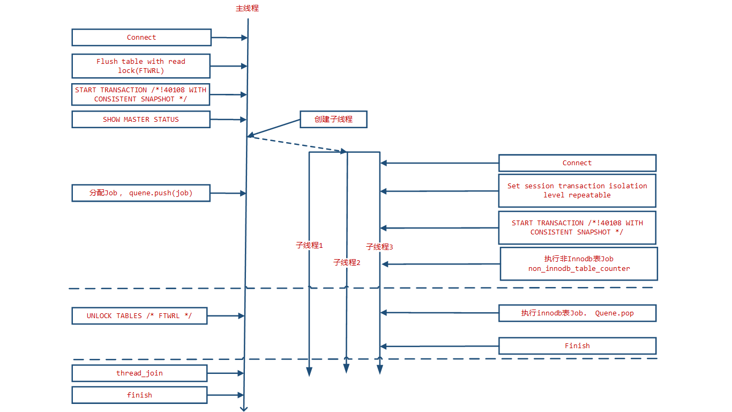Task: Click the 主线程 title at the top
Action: tap(247, 9)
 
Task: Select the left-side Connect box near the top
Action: tap(141, 38)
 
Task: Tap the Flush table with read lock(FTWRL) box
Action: tap(141, 66)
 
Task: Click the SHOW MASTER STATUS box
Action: tap(141, 120)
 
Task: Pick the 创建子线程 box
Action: tap(333, 119)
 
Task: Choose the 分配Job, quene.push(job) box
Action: tap(141, 193)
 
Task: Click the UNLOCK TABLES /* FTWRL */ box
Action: tap(139, 316)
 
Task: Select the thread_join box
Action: tap(139, 373)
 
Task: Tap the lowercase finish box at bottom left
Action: tap(139, 395)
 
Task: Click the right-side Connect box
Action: tap(577, 163)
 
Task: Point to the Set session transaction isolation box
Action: tap(577, 190)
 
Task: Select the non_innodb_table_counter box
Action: tap(579, 263)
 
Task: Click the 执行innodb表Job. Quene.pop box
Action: tap(577, 313)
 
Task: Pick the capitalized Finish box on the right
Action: tap(577, 346)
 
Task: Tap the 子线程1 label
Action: tap(309, 245)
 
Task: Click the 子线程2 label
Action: tap(347, 262)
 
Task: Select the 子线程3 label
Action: tap(379, 247)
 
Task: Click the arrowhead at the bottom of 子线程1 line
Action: tap(309, 371)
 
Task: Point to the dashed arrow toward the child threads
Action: tap(297, 144)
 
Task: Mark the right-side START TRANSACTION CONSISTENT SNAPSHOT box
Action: tap(577, 227)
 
